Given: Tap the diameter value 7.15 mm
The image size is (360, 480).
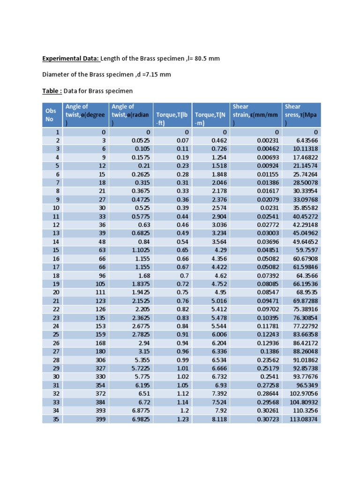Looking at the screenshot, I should pos(157,75).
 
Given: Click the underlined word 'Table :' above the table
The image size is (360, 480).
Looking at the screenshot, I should pos(52,90).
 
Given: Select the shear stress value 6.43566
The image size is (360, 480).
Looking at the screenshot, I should pos(306,141).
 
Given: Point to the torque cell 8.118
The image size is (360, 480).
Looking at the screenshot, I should pos(219,419).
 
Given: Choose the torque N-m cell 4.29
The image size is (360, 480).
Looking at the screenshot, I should pos(221,250).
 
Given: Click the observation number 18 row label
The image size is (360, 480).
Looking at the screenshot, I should pos(56,276).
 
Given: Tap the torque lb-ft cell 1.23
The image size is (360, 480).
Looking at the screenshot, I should pos(182,419).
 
